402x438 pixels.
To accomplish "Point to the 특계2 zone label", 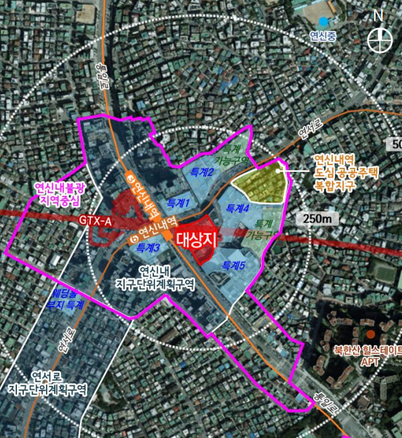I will [202, 173].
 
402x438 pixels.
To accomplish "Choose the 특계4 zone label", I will [238, 208].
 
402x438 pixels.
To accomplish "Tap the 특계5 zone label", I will [233, 265].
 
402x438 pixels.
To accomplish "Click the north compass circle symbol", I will [380, 39].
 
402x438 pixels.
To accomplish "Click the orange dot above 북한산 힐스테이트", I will [370, 334].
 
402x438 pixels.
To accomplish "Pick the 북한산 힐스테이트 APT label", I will [367, 356].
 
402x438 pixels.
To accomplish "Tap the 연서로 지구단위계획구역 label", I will [47, 382].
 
